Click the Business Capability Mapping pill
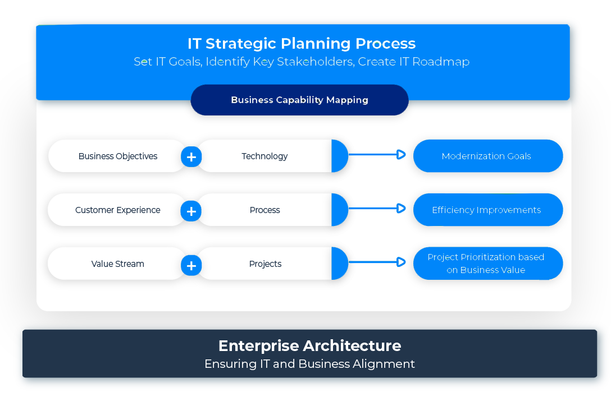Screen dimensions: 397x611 tap(299, 100)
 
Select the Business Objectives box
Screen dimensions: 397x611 tap(117, 156)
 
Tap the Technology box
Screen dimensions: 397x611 tap(265, 156)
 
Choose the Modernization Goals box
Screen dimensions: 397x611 tap(487, 156)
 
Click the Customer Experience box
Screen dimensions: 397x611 tap(117, 210)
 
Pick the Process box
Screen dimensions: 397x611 tap(265, 210)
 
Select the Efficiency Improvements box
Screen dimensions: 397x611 tap(487, 210)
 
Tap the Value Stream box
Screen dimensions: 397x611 tap(117, 264)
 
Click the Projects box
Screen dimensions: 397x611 tap(265, 264)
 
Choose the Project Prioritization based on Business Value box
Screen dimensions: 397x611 tap(487, 264)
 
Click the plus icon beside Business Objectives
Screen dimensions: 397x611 tap(191, 157)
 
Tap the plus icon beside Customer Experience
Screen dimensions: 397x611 tap(191, 211)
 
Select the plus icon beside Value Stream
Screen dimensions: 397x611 tap(191, 265)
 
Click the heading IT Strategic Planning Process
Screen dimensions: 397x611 tap(302, 43)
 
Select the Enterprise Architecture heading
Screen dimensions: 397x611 tap(309, 345)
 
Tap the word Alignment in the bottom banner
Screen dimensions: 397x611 tap(384, 364)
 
